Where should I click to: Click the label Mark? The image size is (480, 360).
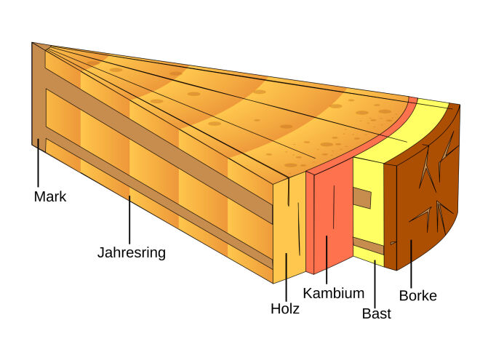[50, 196]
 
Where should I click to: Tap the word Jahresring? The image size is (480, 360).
[132, 253]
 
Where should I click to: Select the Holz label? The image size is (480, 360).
[285, 308]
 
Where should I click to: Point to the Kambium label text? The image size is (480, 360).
[334, 293]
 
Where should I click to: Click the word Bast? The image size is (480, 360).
[377, 313]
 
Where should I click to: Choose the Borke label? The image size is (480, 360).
[418, 296]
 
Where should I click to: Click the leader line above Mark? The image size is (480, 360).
[39, 163]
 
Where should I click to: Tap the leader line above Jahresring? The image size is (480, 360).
[129, 220]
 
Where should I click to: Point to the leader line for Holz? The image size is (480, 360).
[287, 277]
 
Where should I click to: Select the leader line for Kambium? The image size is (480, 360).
[327, 260]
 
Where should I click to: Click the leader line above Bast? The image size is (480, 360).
[375, 283]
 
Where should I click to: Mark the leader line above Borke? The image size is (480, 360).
[411, 264]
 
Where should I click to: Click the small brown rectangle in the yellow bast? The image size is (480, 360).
[362, 198]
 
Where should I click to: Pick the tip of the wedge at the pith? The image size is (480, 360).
[32, 43]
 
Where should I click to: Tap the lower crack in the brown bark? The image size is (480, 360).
[431, 217]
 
